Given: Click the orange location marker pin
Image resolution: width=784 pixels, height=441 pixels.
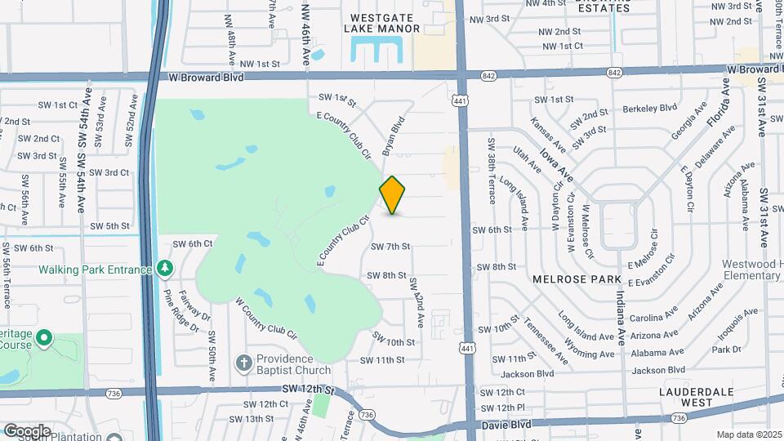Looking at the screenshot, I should pyautogui.click(x=393, y=195).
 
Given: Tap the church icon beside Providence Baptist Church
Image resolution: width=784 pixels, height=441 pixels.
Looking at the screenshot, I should pyautogui.click(x=243, y=362).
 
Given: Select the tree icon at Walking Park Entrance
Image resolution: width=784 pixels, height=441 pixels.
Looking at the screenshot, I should pyautogui.click(x=165, y=268).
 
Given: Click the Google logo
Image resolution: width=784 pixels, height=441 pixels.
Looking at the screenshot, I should pyautogui.click(x=26, y=430).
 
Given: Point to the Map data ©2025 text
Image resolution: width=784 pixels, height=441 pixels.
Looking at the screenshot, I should pyautogui.click(x=749, y=434).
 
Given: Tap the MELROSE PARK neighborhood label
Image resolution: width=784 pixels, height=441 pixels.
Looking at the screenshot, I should pyautogui.click(x=570, y=278).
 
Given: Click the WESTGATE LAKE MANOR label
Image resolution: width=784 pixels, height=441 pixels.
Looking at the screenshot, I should pyautogui.click(x=385, y=22).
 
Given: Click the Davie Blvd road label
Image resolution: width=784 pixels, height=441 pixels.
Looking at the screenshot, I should pyautogui.click(x=507, y=425).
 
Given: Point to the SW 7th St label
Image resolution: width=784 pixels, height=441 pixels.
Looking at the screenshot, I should pyautogui.click(x=390, y=246).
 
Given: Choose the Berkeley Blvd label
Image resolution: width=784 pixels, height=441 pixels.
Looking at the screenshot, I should pyautogui.click(x=651, y=107).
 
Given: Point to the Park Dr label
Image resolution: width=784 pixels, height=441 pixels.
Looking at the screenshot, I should pyautogui.click(x=725, y=349).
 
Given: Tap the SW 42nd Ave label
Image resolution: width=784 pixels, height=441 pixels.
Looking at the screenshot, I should pyautogui.click(x=416, y=303).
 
